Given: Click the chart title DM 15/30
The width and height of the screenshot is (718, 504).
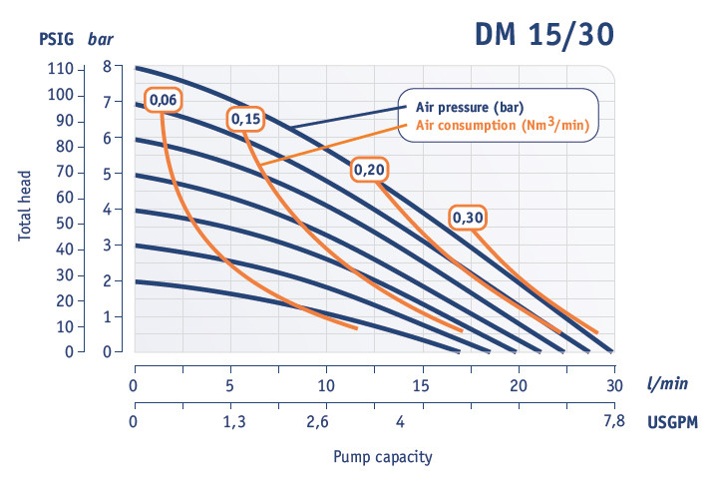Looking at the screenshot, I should click(542, 35).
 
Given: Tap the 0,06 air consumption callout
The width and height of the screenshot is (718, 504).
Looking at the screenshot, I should click(163, 99).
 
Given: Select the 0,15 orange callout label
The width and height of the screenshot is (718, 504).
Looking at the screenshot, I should click(245, 119).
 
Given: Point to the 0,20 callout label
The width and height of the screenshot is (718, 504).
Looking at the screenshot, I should click(370, 171).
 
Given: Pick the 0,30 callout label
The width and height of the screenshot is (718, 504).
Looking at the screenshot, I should click(468, 218).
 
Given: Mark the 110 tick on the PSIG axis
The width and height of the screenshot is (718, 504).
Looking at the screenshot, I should click(60, 69).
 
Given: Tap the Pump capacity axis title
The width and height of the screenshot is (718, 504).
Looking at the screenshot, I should click(383, 456).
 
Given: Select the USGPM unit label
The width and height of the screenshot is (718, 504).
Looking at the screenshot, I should click(671, 422).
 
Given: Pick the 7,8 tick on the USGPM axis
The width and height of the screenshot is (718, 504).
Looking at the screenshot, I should click(613, 422).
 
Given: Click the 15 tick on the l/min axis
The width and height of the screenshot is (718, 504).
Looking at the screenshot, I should click(422, 385).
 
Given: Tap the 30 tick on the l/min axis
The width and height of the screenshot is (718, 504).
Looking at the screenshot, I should click(613, 385).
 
